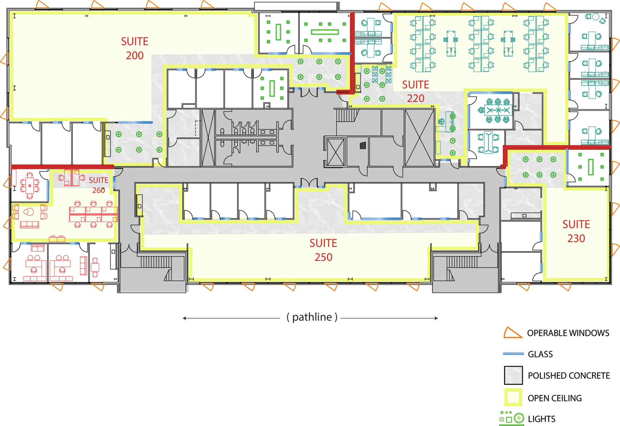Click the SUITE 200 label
point(135,48)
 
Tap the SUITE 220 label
point(416,92)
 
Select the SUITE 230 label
point(576,231)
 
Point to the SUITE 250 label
point(323,250)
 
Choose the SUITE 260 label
point(99,185)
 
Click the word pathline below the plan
point(312,317)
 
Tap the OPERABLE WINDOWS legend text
point(568,333)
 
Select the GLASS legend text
point(540,354)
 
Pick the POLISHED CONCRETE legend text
point(569,375)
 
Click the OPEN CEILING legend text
point(555,398)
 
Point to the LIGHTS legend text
point(541,419)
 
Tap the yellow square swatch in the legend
point(513,397)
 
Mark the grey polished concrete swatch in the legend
point(513,375)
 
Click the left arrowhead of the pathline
point(184,318)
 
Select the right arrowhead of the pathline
point(436,318)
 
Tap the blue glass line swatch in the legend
point(513,354)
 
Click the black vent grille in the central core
point(363,146)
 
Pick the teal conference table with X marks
point(498,111)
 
